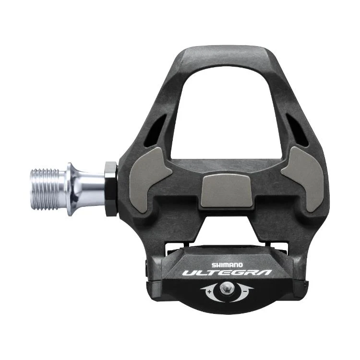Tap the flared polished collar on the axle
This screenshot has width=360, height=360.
point(74,189)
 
